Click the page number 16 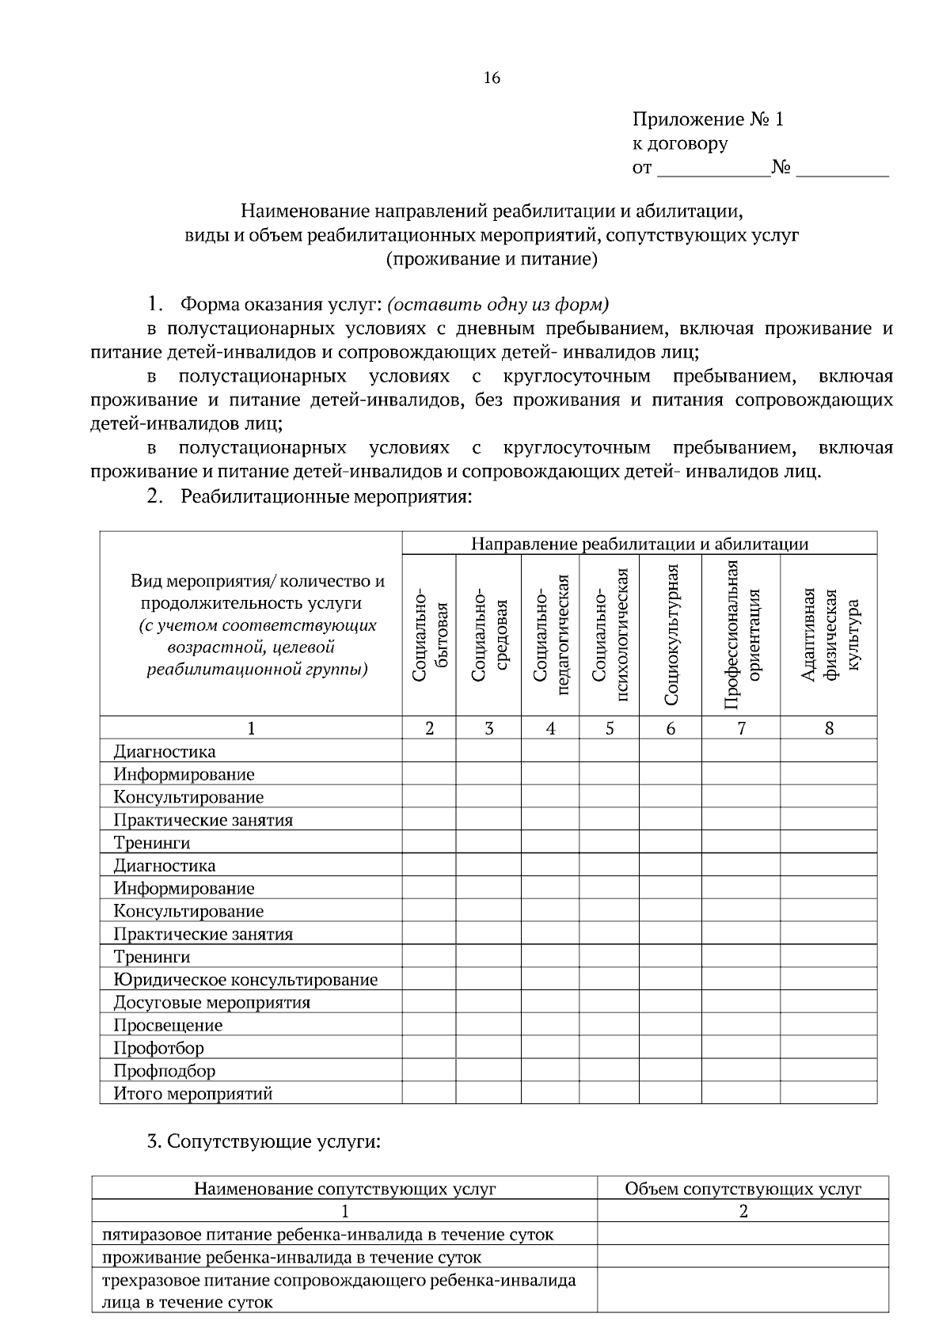(x=491, y=78)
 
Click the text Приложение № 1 (x=707, y=120)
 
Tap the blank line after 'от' (x=712, y=169)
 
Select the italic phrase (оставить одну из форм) (x=498, y=305)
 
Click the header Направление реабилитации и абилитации (x=639, y=543)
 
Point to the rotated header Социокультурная (x=671, y=635)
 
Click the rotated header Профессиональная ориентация (x=742, y=635)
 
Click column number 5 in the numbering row (x=609, y=728)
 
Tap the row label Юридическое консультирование (x=245, y=980)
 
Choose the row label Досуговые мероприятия (x=211, y=1003)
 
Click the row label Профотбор (x=158, y=1048)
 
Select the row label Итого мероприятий (x=193, y=1094)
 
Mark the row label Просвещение (x=168, y=1025)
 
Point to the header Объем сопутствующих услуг (x=743, y=1188)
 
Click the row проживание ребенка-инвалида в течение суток (x=292, y=1257)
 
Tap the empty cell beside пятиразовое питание (x=743, y=1234)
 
